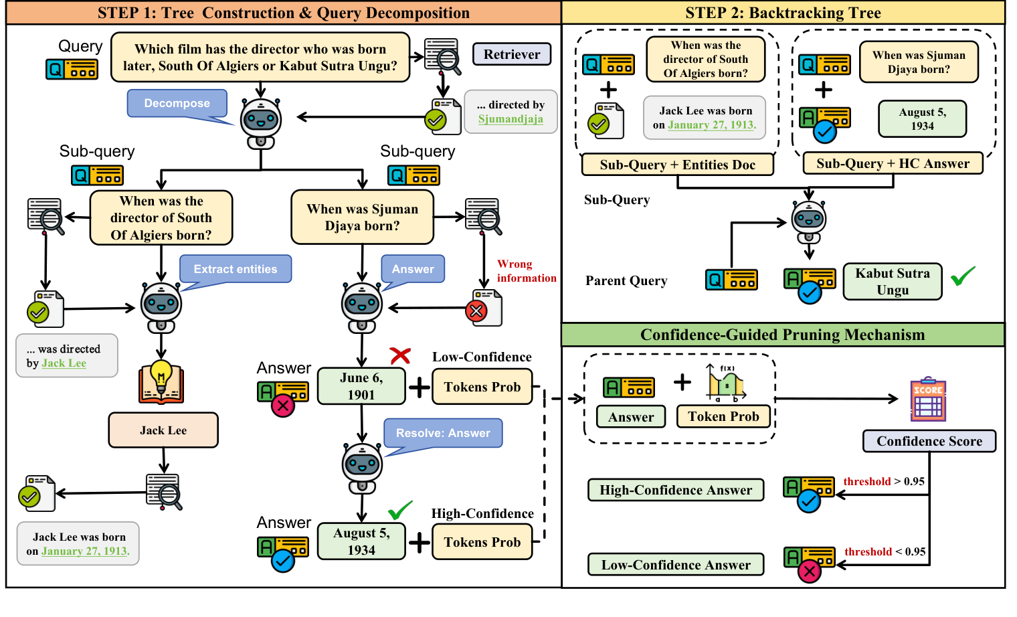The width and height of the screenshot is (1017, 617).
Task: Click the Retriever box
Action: point(512,54)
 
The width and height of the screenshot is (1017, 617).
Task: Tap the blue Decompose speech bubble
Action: point(177,103)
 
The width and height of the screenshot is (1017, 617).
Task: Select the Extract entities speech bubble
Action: point(235,269)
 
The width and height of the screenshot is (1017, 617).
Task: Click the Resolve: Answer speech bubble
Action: point(443,433)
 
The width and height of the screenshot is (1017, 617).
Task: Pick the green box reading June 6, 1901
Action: point(361,386)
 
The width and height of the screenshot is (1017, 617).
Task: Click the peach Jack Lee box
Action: point(163,430)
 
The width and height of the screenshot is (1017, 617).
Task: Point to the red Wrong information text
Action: point(526,271)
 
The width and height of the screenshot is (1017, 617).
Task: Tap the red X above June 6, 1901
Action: point(400,355)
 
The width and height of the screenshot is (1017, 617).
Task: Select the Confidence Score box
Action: point(929,441)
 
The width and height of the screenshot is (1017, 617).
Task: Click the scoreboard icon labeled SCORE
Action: point(928,400)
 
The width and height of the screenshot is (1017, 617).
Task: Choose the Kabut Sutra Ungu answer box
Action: point(893,282)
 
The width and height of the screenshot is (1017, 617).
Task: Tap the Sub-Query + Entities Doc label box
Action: point(677,165)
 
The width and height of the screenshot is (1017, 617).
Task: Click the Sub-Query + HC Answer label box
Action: point(893,163)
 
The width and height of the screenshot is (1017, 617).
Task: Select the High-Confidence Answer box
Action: point(676,490)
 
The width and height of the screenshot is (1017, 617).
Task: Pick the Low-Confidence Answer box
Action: point(676,565)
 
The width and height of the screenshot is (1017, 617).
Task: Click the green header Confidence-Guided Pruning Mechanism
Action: point(782,335)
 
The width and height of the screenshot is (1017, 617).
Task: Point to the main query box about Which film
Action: point(260,58)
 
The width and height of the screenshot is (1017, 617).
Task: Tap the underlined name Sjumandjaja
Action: point(511,119)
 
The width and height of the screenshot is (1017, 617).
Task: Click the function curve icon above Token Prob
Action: point(725,383)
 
